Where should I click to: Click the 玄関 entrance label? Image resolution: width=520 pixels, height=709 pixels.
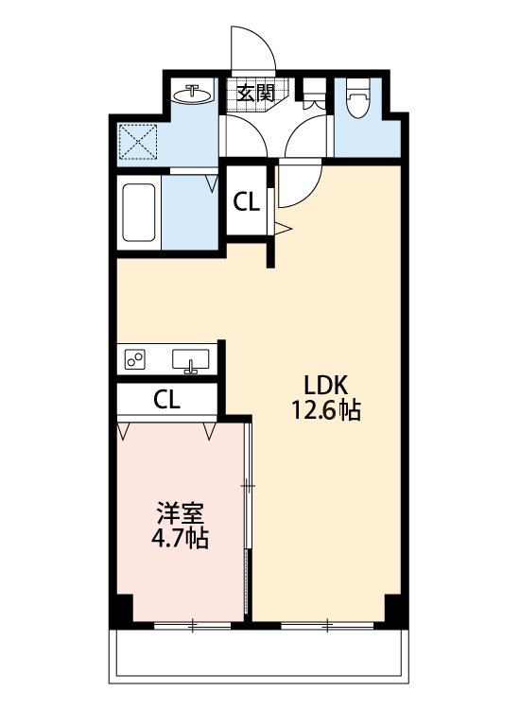[254, 93]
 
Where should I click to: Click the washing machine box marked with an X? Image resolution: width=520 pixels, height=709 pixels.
[140, 143]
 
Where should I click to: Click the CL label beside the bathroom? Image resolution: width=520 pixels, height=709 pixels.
[248, 200]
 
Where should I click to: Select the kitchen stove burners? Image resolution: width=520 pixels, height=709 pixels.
[135, 359]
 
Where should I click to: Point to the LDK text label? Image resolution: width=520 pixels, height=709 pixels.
[326, 385]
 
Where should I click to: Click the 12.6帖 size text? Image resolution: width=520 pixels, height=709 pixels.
[326, 411]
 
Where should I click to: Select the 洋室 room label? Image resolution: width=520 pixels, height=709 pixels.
[180, 514]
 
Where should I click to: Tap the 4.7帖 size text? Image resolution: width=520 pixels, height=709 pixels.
[180, 540]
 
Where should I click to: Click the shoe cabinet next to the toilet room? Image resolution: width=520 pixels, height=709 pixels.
[313, 94]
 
